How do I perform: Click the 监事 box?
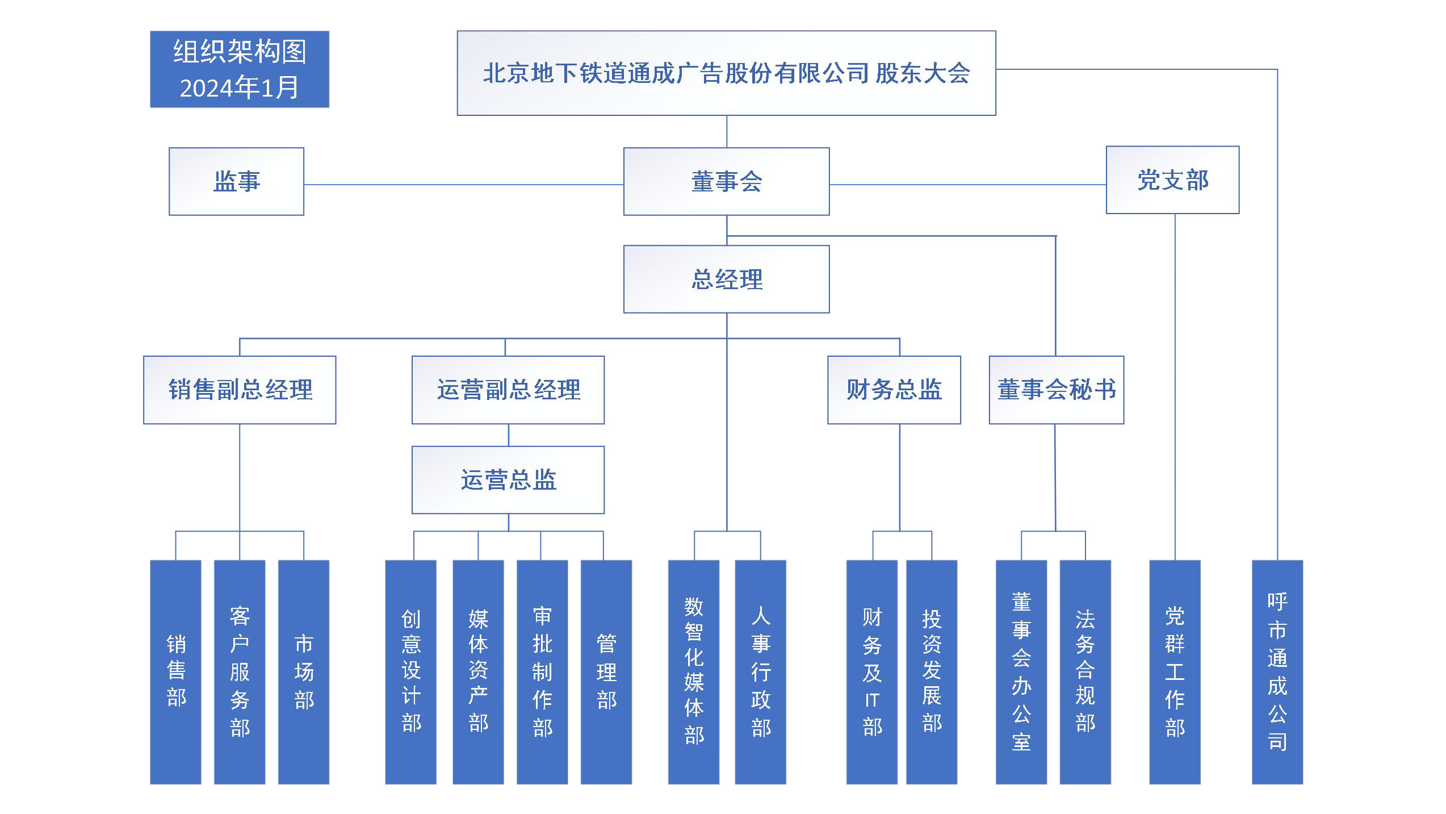tap(236, 181)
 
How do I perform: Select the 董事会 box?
tap(726, 181)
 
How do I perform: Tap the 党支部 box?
tap(1172, 180)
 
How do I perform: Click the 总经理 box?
tap(726, 279)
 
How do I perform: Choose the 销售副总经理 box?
tap(240, 390)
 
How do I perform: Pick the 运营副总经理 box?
tap(508, 390)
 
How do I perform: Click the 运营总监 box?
tap(508, 480)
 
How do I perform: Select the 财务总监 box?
tap(894, 390)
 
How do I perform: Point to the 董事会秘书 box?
tap(1057, 390)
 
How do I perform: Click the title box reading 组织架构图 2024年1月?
tap(240, 69)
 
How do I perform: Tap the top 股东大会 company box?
tap(726, 73)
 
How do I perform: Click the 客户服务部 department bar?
tap(240, 672)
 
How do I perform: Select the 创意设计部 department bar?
tap(410, 672)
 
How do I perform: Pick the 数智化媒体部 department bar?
tap(693, 672)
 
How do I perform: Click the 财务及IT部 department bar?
tap(871, 672)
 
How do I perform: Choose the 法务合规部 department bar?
tap(1085, 672)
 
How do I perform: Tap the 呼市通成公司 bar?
tap(1277, 672)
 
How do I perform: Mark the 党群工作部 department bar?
tap(1175, 672)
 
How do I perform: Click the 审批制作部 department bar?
tap(542, 672)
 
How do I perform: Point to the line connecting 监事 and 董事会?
tap(464, 185)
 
